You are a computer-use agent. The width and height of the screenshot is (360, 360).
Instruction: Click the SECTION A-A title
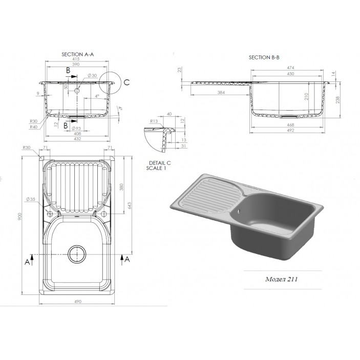[x=78, y=54]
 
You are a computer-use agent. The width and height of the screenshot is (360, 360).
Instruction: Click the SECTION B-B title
[x=264, y=58]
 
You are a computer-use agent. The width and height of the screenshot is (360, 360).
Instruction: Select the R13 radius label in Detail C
[x=153, y=121]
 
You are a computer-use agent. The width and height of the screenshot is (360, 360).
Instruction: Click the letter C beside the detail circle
[x=128, y=82]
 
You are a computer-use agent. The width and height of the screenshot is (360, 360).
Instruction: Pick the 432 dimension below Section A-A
[x=78, y=139]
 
